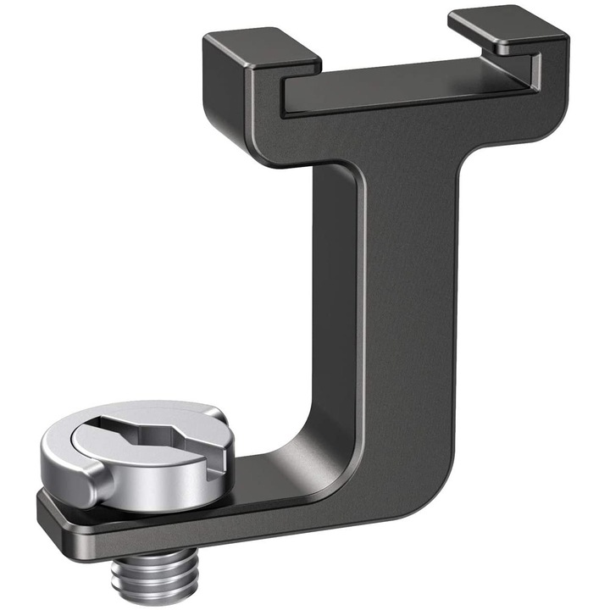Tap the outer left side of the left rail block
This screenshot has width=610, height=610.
pyautogui.click(x=216, y=93)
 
